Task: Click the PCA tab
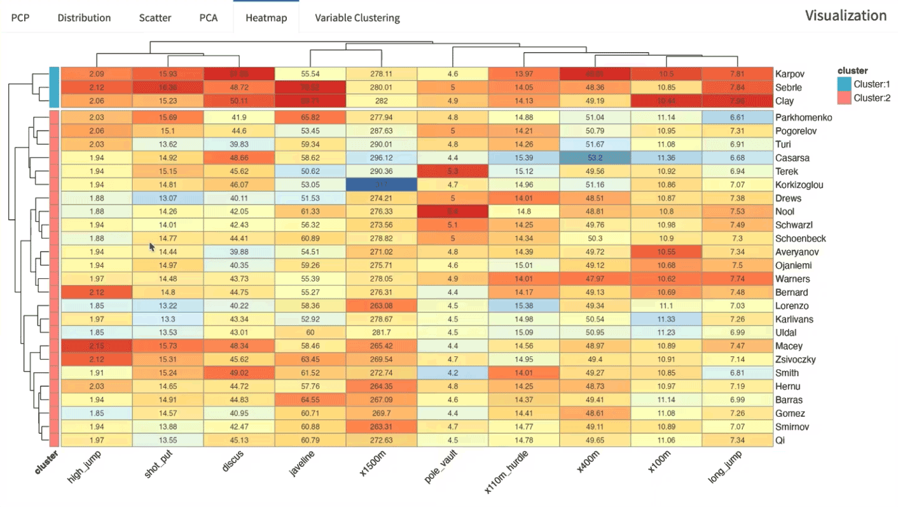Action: tap(209, 18)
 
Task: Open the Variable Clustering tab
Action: tap(357, 18)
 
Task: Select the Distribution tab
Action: tap(84, 18)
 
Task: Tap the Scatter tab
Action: tap(155, 18)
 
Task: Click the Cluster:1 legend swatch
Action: tap(844, 84)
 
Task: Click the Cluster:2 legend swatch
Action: tap(844, 98)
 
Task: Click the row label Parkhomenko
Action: tap(803, 118)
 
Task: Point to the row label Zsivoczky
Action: tap(796, 360)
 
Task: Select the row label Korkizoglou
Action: tap(799, 185)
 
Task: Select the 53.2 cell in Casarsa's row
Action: tap(595, 158)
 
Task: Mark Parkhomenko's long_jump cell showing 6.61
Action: tap(738, 118)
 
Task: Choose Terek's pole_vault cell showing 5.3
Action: tap(452, 172)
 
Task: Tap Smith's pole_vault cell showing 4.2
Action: tap(452, 373)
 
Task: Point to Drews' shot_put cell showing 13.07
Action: tap(168, 198)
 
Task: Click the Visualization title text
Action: tap(845, 16)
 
